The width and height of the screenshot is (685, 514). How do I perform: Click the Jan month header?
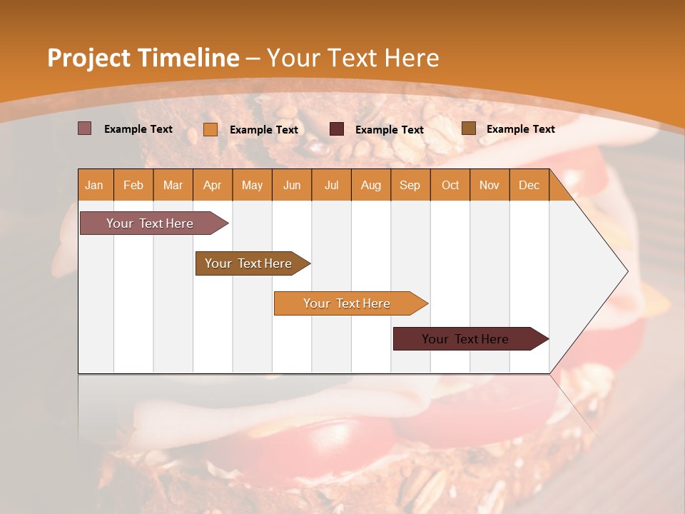(94, 185)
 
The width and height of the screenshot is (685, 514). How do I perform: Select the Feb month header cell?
(133, 185)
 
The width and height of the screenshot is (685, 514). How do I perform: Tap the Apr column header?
(212, 185)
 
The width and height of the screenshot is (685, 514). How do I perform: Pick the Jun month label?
(292, 185)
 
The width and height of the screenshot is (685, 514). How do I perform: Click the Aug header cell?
(370, 185)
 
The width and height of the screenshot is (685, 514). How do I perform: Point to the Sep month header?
(410, 185)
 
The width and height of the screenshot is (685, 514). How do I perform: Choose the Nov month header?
(489, 185)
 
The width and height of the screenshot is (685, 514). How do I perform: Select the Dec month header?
(529, 185)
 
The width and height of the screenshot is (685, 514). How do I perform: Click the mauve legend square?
(84, 128)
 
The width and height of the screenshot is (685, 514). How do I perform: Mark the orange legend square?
(210, 129)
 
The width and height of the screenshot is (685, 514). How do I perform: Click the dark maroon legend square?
(337, 129)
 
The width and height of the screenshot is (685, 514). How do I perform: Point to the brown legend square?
(468, 128)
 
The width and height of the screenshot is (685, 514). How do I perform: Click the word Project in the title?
(89, 58)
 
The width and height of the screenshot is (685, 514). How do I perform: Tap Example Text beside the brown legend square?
(520, 129)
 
